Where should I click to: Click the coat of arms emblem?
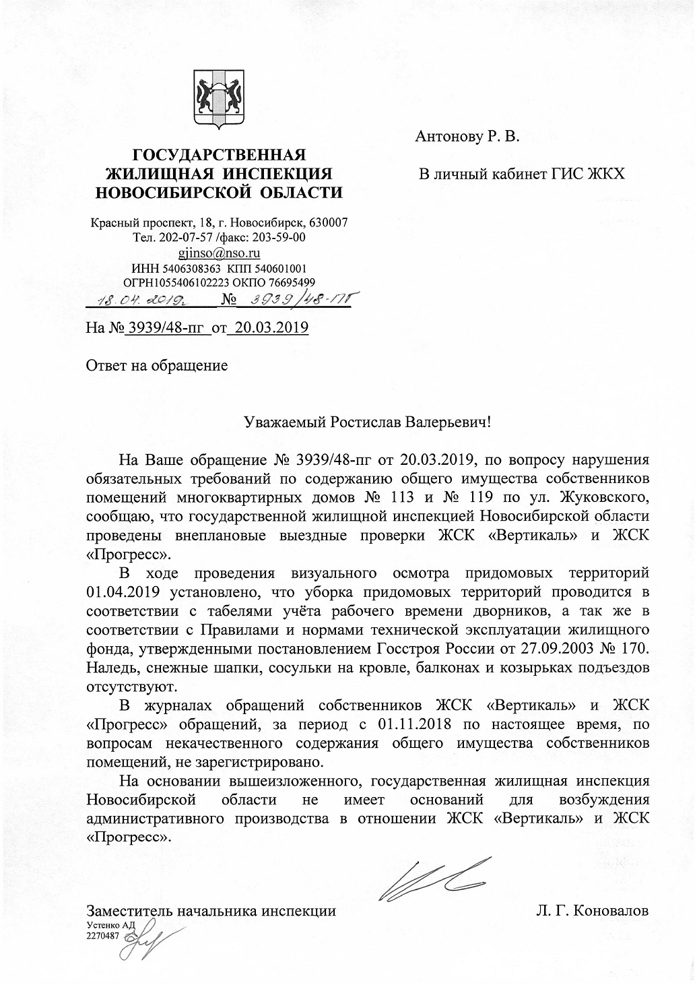tap(219, 100)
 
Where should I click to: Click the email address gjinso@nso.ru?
tap(219, 253)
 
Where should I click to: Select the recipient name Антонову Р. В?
tap(467, 137)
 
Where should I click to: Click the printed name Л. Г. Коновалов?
tap(593, 911)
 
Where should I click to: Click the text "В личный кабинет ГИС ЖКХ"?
tap(522, 174)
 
